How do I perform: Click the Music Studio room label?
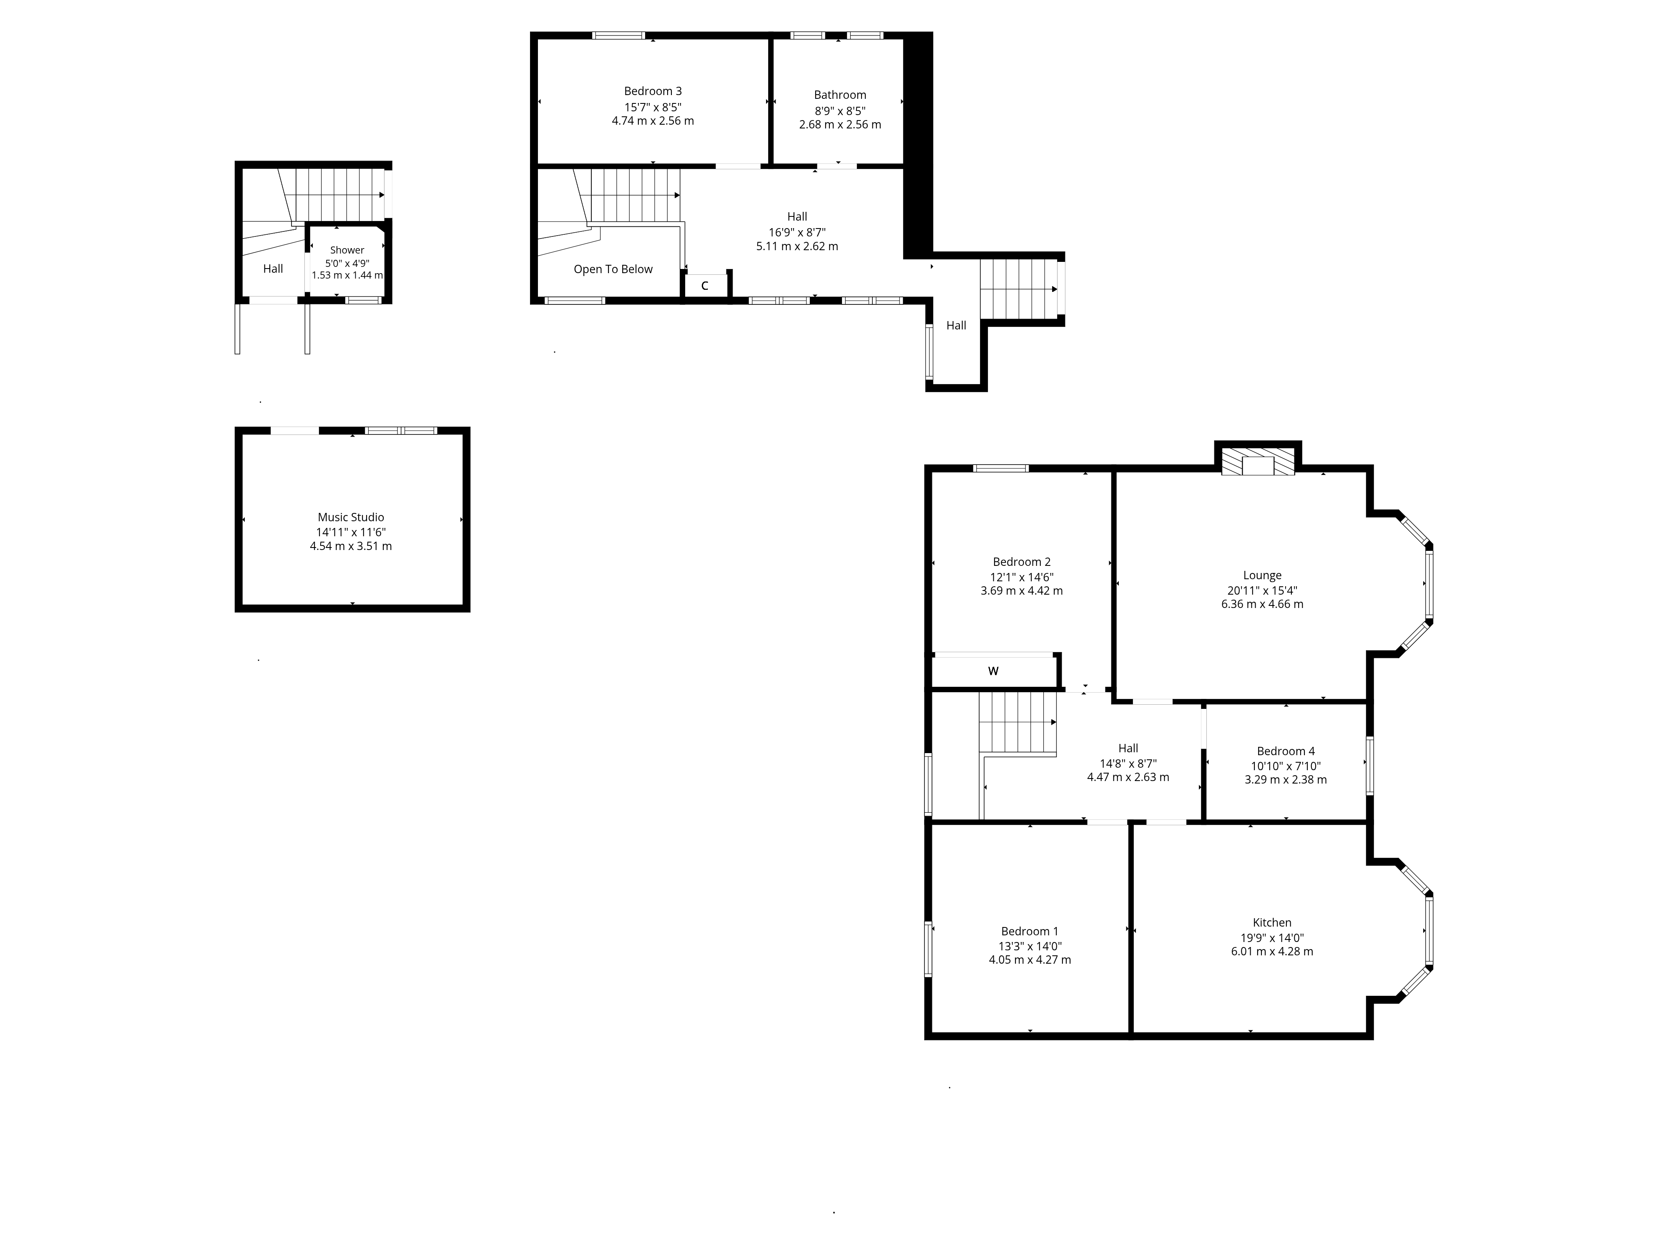pos(351,517)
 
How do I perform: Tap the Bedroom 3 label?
pos(653,91)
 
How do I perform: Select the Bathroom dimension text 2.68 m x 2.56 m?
pos(840,124)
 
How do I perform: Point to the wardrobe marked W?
pos(994,671)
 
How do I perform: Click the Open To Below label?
pos(613,269)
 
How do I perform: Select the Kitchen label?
pos(1272,922)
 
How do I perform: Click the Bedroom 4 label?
pos(1286,751)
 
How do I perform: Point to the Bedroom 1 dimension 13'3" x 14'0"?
pos(1030,946)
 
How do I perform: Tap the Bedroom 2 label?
pos(1022,562)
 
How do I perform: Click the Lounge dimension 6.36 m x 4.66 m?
pos(1262,604)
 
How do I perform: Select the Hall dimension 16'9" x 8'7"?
pos(797,232)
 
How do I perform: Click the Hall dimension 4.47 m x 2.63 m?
pos(1128,777)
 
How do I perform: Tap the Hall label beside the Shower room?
pos(273,269)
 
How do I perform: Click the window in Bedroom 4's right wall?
pos(1369,765)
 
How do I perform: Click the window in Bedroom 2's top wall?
pos(1001,468)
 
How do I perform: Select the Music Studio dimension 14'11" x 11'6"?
pos(351,532)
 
